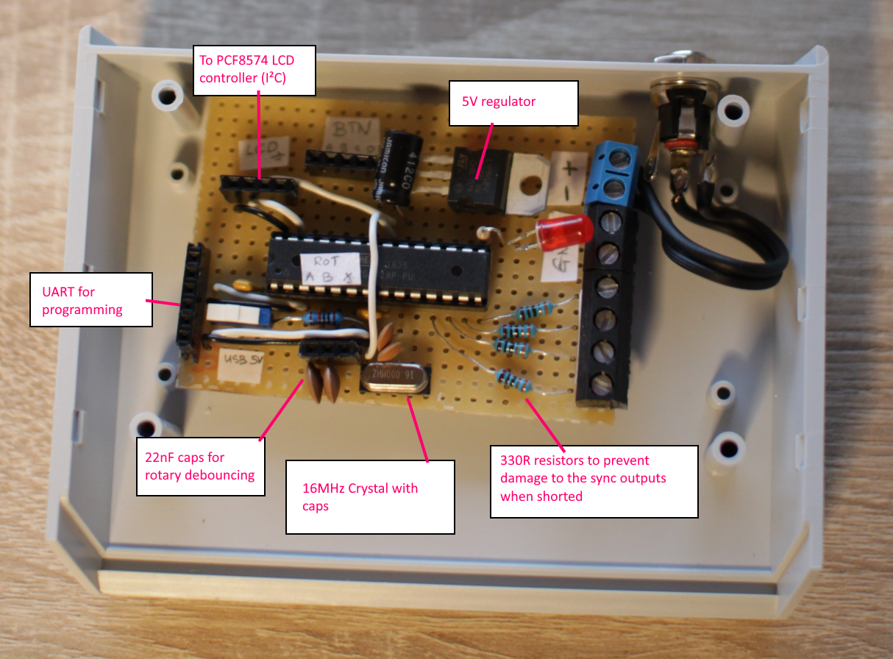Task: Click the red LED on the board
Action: [566, 232]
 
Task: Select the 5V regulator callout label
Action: [513, 101]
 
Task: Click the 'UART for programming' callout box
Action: [90, 299]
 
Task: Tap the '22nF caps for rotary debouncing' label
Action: [200, 466]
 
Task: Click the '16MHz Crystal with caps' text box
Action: [369, 496]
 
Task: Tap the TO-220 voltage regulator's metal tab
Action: [530, 177]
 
